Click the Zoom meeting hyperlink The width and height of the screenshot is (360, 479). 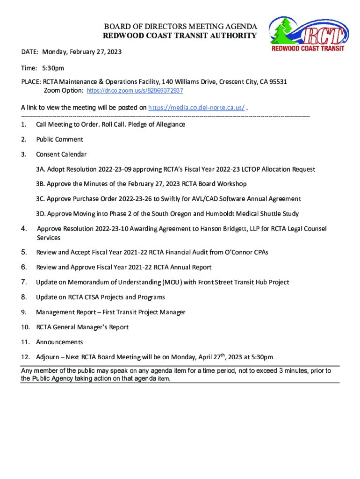coord(135,91)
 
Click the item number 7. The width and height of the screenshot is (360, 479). coord(24,282)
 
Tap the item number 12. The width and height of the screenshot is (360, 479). coord(26,357)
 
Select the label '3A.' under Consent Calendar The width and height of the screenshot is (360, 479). coord(40,169)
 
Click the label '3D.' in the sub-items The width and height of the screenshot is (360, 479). coord(41,214)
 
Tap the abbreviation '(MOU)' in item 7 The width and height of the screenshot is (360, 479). coord(173,283)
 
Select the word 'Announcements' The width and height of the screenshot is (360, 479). coord(59,342)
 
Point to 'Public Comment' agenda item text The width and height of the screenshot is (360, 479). coord(59,139)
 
